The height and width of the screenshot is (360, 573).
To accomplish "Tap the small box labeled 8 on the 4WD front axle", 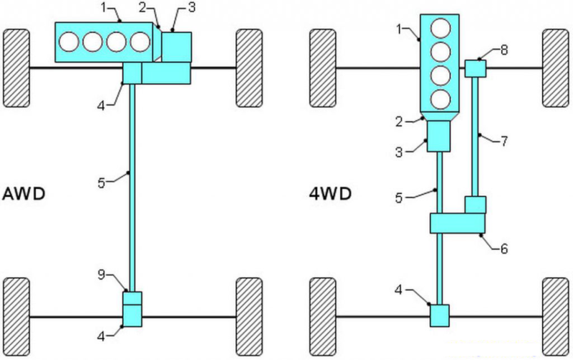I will tap(476, 68).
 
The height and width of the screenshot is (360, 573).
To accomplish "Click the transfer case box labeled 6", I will tap(458, 223).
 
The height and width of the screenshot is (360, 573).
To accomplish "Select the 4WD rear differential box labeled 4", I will tap(439, 315).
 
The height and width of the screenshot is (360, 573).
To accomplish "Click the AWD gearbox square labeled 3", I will tap(176, 47).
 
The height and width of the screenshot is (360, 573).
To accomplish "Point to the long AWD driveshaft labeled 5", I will tap(133, 186).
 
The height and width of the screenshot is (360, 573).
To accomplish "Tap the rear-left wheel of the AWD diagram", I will tap(16, 314).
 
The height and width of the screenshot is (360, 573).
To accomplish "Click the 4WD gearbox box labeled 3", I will tap(438, 135).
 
